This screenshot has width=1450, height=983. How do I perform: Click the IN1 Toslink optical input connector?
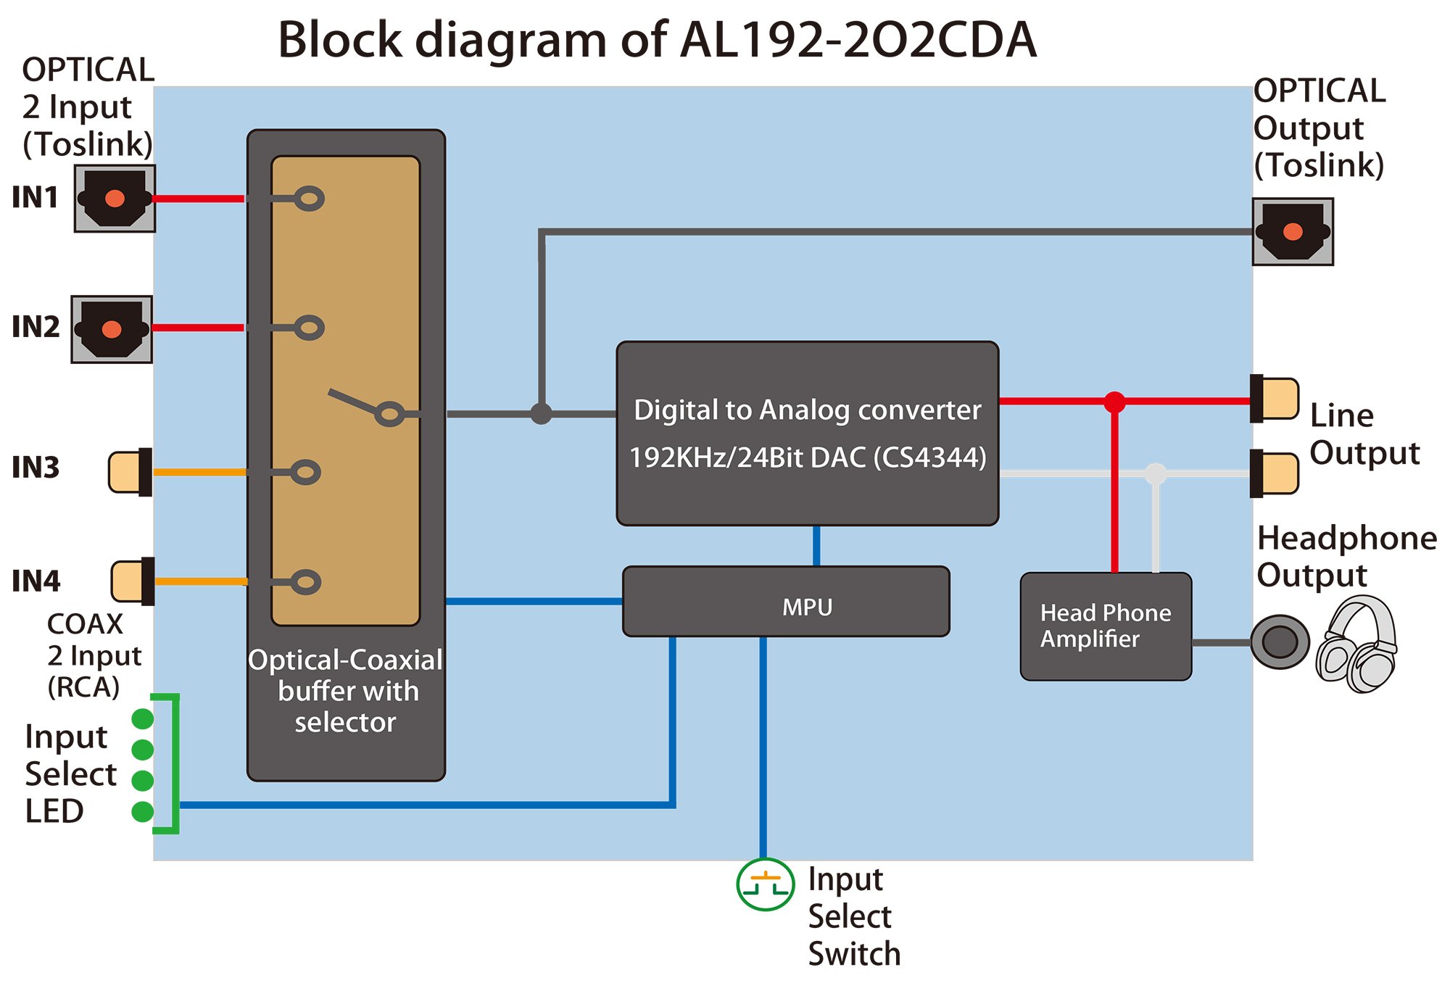[x=115, y=199]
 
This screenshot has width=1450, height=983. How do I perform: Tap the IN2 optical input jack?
[x=112, y=329]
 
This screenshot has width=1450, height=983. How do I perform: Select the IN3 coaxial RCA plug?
[x=130, y=472]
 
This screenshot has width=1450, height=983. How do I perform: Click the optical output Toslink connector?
[x=1293, y=232]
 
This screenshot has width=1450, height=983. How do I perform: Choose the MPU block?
[x=786, y=602]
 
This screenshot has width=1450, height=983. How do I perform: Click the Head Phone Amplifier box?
[x=1106, y=626]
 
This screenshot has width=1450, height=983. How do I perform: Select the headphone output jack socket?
[x=1280, y=642]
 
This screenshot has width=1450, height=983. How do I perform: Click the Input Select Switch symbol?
[x=765, y=884]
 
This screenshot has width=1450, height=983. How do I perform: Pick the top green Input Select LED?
[x=143, y=718]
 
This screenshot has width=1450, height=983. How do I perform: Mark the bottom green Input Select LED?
[x=143, y=812]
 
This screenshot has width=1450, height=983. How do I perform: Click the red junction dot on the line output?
[x=1114, y=401]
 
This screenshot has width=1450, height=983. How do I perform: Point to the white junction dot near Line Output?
[x=1156, y=474]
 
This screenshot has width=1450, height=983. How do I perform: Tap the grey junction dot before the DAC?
[x=541, y=414]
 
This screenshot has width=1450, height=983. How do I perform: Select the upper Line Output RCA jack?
[x=1275, y=399]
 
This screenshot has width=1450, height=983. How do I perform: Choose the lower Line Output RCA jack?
[x=1275, y=474]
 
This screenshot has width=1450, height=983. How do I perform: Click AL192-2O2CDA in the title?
[x=858, y=40]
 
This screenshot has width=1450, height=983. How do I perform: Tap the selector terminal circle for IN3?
[x=306, y=473]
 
